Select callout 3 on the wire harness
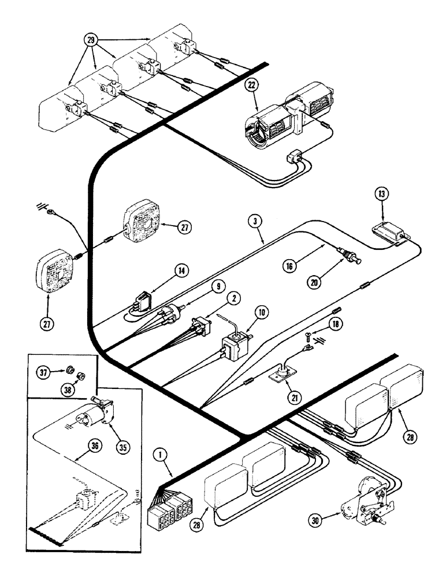254,220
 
